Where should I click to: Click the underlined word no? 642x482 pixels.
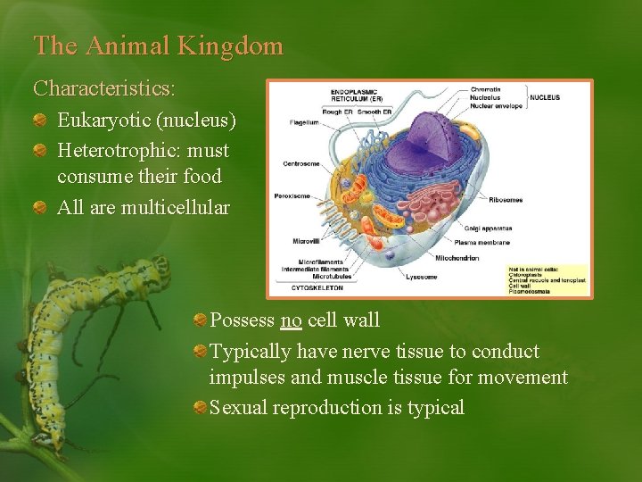tap(291, 320)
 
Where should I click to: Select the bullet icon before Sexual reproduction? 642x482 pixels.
tap(200, 409)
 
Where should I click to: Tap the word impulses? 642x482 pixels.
tap(249, 378)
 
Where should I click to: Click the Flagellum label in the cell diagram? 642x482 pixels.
tap(305, 122)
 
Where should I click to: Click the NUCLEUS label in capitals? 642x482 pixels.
tap(545, 97)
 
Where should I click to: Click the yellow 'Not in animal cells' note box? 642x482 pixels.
tap(545, 278)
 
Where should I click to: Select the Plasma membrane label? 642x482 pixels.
tap(482, 242)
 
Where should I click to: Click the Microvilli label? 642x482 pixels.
tap(305, 241)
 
